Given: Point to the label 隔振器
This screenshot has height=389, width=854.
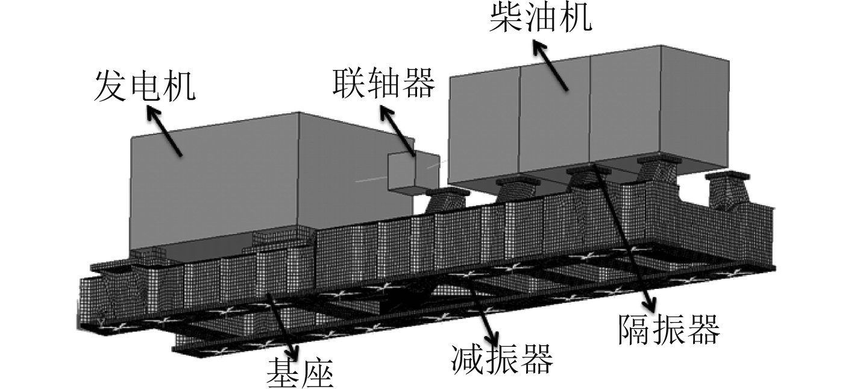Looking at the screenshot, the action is coord(668,329).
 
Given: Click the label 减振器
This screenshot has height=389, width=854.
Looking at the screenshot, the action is coord(501,361).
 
